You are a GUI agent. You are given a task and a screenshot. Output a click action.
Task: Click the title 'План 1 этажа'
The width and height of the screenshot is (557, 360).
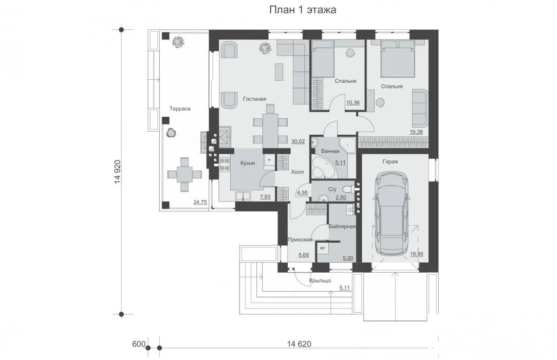pos(303,10)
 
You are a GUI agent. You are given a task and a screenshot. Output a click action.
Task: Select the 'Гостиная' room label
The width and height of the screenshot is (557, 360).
pos(254,99)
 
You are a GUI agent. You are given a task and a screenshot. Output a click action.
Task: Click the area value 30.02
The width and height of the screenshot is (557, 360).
pos(298,141)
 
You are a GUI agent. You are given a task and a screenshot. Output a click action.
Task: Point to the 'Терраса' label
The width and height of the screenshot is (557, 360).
pos(180,109)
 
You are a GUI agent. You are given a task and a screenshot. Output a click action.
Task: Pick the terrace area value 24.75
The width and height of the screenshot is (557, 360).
pos(200,202)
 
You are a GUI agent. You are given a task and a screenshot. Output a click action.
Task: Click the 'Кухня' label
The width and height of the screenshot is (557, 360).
pos(248,163)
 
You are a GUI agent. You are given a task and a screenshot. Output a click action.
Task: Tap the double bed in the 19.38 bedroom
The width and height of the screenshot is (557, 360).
pos(398,59)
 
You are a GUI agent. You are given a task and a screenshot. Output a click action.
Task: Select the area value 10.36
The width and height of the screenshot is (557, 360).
pos(352,103)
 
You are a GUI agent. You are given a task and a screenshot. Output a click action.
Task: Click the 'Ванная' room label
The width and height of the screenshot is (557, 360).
pos(330,151)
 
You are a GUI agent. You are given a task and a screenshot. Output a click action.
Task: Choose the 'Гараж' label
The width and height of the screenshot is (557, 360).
pos(391,161)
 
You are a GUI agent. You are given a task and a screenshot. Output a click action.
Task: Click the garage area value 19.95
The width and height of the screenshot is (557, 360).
pos(417,255)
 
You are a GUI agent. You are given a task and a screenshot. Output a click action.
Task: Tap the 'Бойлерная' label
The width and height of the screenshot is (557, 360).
pos(342,226)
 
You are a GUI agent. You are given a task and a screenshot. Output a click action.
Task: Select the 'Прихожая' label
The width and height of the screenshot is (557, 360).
pos(300,240)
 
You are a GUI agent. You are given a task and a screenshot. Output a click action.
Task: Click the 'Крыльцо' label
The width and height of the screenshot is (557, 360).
pos(320,280)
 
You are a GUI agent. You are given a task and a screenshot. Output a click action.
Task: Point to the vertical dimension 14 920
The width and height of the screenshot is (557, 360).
pos(118,172)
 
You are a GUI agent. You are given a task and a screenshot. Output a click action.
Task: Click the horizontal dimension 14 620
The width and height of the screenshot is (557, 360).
pos(299,344)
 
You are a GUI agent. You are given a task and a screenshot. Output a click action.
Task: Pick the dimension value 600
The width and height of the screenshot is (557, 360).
pos(139,344)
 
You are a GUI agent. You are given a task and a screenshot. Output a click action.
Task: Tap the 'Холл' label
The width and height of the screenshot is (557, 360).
pos(298,172)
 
